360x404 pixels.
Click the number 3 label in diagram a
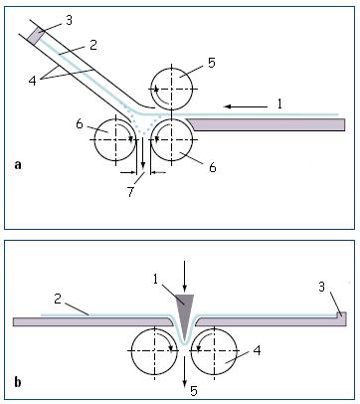pyautogui.click(x=69, y=21)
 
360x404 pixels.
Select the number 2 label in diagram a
pyautogui.click(x=93, y=45)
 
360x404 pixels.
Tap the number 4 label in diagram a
pyautogui.click(x=32, y=81)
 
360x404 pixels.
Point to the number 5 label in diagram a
pyautogui.click(x=212, y=63)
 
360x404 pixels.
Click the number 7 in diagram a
pyautogui.click(x=130, y=192)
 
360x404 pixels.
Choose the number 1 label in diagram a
pyautogui.click(x=279, y=104)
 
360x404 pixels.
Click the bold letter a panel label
pyautogui.click(x=18, y=165)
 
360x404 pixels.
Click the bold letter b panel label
pyautogui.click(x=18, y=381)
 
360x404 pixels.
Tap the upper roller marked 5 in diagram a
pyautogui.click(x=171, y=89)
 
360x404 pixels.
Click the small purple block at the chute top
pyautogui.click(x=34, y=35)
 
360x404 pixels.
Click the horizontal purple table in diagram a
pyautogui.click(x=266, y=124)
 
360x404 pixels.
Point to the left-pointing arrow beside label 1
pyautogui.click(x=246, y=106)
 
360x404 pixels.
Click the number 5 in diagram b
pyautogui.click(x=194, y=391)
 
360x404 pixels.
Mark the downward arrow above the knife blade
pyautogui.click(x=185, y=277)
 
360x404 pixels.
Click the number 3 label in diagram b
pyautogui.click(x=321, y=287)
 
